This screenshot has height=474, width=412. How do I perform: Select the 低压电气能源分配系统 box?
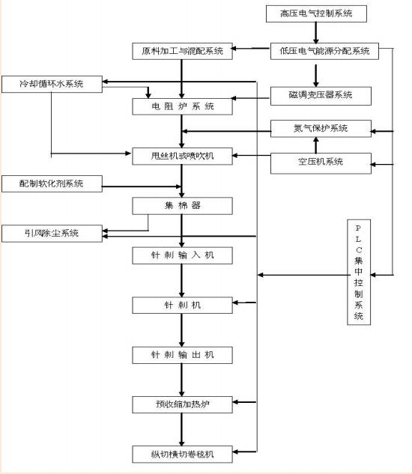(x=324, y=52)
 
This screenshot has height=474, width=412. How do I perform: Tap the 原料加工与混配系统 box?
(x=182, y=52)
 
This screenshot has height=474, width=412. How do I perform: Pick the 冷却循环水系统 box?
(x=52, y=84)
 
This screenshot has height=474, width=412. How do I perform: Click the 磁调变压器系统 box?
(x=321, y=95)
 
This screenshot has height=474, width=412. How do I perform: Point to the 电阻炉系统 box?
(x=182, y=106)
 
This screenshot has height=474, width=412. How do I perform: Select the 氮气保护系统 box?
(x=321, y=128)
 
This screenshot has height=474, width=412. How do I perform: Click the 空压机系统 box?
(x=321, y=162)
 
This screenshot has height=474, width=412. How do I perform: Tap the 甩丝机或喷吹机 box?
(x=182, y=157)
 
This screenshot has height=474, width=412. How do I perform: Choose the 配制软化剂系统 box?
(x=52, y=183)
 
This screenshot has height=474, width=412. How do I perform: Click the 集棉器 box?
(x=182, y=204)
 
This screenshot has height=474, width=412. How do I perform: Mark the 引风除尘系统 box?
(x=52, y=234)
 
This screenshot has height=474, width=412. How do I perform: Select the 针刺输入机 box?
(x=182, y=255)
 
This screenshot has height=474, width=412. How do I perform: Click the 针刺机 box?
(x=182, y=306)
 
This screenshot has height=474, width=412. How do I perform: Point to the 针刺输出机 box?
(x=182, y=355)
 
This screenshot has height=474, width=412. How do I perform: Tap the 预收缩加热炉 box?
(x=182, y=405)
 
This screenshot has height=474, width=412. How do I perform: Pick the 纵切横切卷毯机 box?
(x=182, y=455)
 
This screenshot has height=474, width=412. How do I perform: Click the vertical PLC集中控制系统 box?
(x=358, y=272)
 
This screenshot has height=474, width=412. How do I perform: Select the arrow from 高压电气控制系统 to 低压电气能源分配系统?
(x=316, y=32)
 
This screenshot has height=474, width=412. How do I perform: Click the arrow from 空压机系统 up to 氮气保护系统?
(x=316, y=145)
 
